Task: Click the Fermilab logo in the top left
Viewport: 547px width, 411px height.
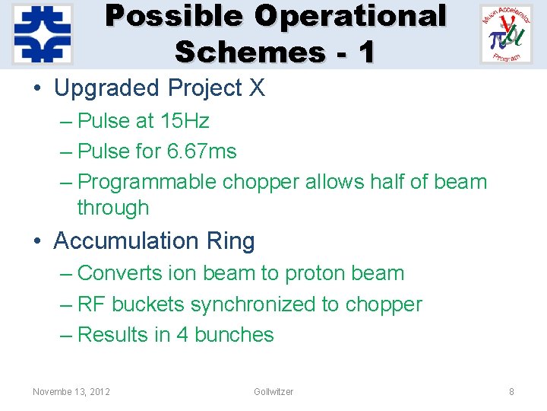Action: pyautogui.click(x=43, y=33)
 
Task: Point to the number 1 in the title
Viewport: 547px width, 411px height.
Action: pyautogui.click(x=365, y=51)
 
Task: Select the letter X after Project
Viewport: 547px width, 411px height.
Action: pyautogui.click(x=257, y=88)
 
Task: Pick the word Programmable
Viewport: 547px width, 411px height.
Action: pyautogui.click(x=147, y=182)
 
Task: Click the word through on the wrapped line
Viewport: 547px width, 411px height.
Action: pyautogui.click(x=112, y=207)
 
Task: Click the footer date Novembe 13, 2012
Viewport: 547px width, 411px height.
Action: pyautogui.click(x=71, y=391)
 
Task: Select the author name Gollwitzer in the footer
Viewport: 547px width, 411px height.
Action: pyautogui.click(x=273, y=391)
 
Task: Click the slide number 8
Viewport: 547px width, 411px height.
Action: pyautogui.click(x=511, y=391)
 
